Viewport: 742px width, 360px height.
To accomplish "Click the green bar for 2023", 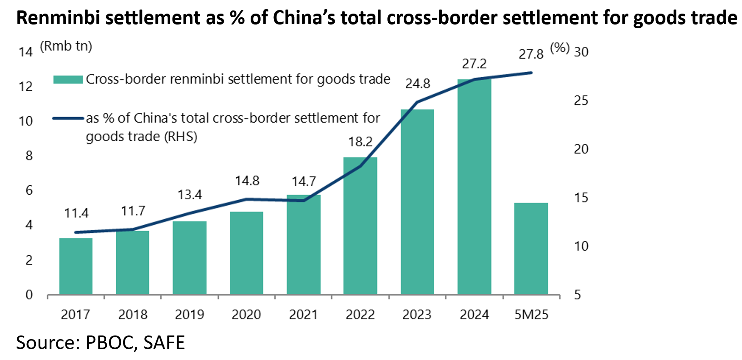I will pos(417,202).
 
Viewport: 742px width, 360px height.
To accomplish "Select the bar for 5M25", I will pos(531,249).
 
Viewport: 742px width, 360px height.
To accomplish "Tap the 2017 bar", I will pos(76,266).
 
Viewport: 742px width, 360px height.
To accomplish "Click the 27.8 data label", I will pos(531,54).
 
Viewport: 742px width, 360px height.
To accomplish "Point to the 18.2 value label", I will pos(360,142).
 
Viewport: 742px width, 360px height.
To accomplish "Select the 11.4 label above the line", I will pos(76,213).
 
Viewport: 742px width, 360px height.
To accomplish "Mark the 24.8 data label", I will pos(417,84).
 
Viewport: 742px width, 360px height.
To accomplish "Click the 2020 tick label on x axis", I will pos(246,315).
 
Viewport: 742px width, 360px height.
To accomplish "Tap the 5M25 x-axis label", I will pos(531,315).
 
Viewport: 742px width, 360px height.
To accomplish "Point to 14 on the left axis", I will pos(25,52).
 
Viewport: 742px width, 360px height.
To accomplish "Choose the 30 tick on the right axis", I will pos(581,52).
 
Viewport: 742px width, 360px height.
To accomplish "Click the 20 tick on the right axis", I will pos(581,149).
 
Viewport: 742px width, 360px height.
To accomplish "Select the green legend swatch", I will pos(68,79).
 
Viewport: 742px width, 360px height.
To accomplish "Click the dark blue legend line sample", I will pos(68,118).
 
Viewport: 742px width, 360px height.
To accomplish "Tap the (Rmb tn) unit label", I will pos(66,46).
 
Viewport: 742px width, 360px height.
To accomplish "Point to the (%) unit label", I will pos(559,48).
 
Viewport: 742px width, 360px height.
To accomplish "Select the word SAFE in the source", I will pos(164,342).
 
